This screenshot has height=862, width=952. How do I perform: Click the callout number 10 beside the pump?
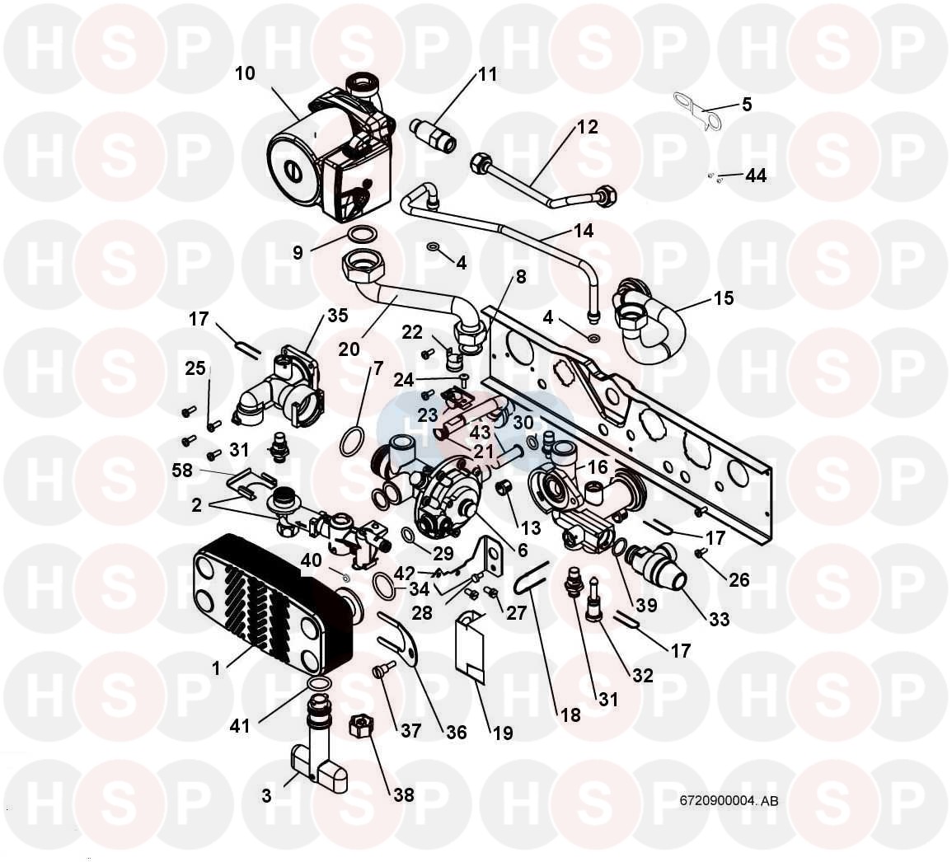click(x=245, y=73)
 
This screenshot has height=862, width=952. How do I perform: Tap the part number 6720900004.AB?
click(x=729, y=800)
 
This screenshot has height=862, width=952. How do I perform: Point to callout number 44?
click(x=756, y=176)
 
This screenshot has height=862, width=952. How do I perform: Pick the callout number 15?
click(x=723, y=297)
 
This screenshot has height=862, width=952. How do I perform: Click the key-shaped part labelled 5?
click(x=696, y=111)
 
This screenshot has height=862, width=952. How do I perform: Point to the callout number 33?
click(x=720, y=618)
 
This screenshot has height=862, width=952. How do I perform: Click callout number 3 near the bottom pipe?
click(x=265, y=796)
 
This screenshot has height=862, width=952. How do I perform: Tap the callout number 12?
click(x=587, y=128)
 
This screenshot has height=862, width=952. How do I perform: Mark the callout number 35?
click(x=338, y=315)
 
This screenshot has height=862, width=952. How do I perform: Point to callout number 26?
click(x=739, y=579)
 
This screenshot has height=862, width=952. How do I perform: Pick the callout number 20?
click(x=349, y=349)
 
